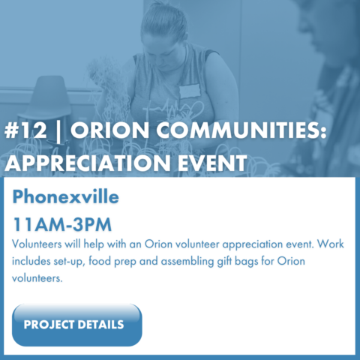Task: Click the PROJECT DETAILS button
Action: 77,325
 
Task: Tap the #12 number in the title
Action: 25,130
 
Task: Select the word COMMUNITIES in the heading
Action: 241,130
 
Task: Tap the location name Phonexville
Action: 65,196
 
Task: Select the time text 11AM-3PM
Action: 62,225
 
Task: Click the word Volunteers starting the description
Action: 37,244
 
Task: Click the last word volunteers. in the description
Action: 37,278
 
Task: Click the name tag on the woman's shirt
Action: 190,91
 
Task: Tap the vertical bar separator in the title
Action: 58,131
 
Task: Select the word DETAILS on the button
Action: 100,325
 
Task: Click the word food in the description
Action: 100,261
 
